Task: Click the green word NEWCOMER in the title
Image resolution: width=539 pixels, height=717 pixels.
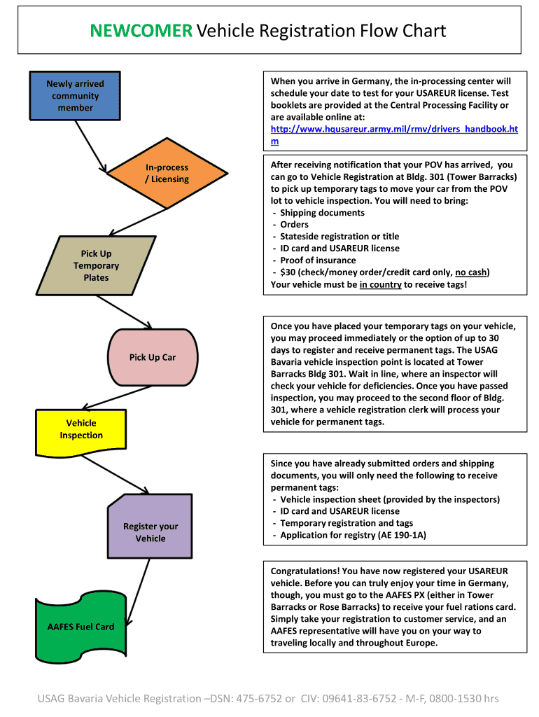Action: [141, 31]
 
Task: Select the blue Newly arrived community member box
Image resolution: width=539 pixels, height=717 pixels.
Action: [75, 96]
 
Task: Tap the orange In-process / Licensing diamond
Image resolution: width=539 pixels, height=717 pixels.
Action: [167, 174]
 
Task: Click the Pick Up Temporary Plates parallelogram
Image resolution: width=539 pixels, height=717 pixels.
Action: [96, 265]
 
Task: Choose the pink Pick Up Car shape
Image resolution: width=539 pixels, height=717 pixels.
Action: [153, 357]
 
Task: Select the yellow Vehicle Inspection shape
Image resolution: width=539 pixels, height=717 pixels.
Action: [81, 429]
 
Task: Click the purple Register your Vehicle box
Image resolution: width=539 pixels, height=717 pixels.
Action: [150, 532]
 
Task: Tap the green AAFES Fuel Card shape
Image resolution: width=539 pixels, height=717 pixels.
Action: [81, 627]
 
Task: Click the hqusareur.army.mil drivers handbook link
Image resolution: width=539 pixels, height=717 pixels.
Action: [393, 130]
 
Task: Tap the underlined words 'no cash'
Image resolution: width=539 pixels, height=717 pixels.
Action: [470, 272]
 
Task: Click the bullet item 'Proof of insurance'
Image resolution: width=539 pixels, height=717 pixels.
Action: [318, 260]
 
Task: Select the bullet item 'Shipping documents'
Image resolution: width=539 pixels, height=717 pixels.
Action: [322, 213]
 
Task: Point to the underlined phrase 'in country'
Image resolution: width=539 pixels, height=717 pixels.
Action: [380, 284]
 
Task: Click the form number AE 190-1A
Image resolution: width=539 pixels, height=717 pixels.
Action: [401, 535]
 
